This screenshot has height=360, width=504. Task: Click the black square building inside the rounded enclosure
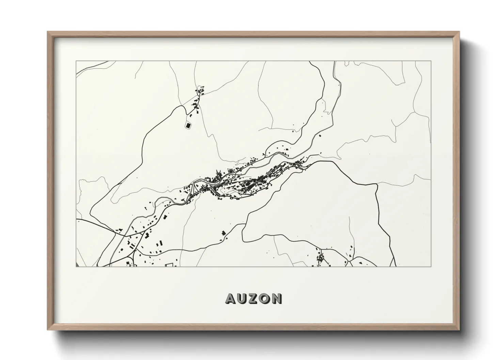point(188,126)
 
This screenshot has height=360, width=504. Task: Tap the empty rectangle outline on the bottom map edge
point(169,265)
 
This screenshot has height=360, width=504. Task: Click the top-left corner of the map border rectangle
point(76,61)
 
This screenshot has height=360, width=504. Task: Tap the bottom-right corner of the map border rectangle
point(431,266)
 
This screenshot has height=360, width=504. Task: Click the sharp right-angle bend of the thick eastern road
point(377,184)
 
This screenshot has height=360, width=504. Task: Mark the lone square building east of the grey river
point(320,135)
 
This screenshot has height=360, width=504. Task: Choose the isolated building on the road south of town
point(223,233)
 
